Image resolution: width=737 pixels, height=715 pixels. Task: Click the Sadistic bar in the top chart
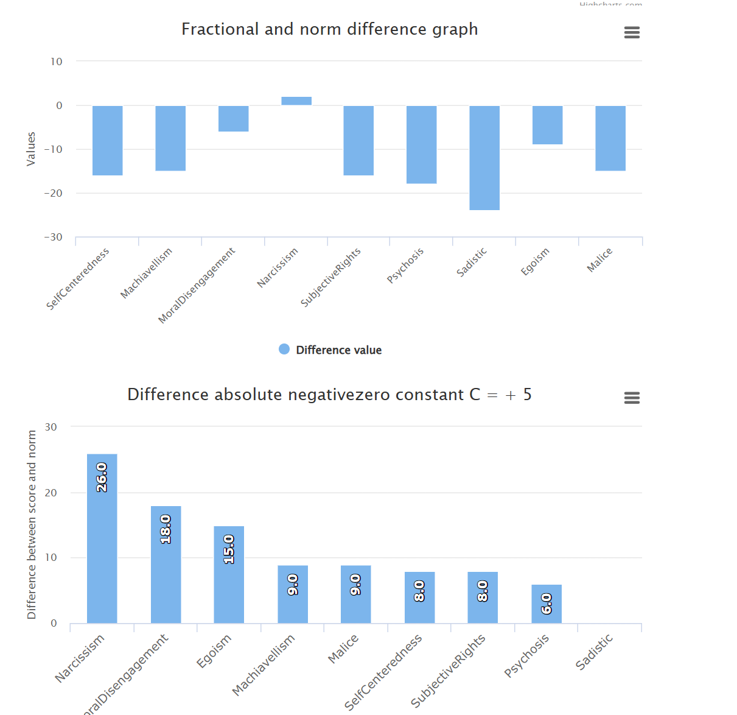484,158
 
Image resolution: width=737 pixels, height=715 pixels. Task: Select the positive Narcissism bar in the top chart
296,101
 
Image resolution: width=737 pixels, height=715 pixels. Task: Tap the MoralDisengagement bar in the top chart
234,119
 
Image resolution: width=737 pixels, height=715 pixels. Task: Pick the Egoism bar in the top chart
547,125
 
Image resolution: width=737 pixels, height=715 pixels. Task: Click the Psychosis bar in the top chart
421,144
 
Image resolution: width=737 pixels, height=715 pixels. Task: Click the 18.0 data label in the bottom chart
166,529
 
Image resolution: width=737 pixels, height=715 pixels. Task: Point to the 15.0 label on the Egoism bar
229,549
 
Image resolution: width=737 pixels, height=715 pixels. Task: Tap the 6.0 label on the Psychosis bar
547,604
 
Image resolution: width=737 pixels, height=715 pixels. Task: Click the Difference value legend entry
330,350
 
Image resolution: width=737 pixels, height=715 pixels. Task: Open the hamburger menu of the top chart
632,33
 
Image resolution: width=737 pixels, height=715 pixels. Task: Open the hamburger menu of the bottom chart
632,398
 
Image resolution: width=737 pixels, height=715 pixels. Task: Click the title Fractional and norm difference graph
329,29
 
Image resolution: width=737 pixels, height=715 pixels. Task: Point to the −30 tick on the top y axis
54,238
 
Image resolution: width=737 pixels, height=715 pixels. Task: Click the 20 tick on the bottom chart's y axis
51,493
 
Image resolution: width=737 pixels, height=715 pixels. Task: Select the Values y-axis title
31,149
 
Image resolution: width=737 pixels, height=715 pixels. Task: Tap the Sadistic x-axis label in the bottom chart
595,652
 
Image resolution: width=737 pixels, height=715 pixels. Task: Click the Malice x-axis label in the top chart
599,260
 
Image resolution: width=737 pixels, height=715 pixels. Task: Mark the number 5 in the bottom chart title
527,395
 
